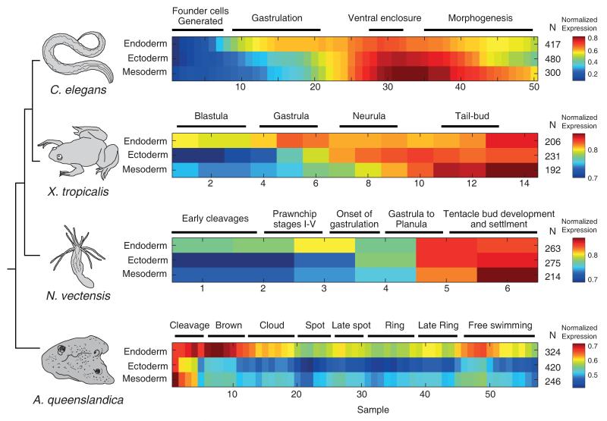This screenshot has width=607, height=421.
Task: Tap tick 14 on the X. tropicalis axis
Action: coord(523,184)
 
